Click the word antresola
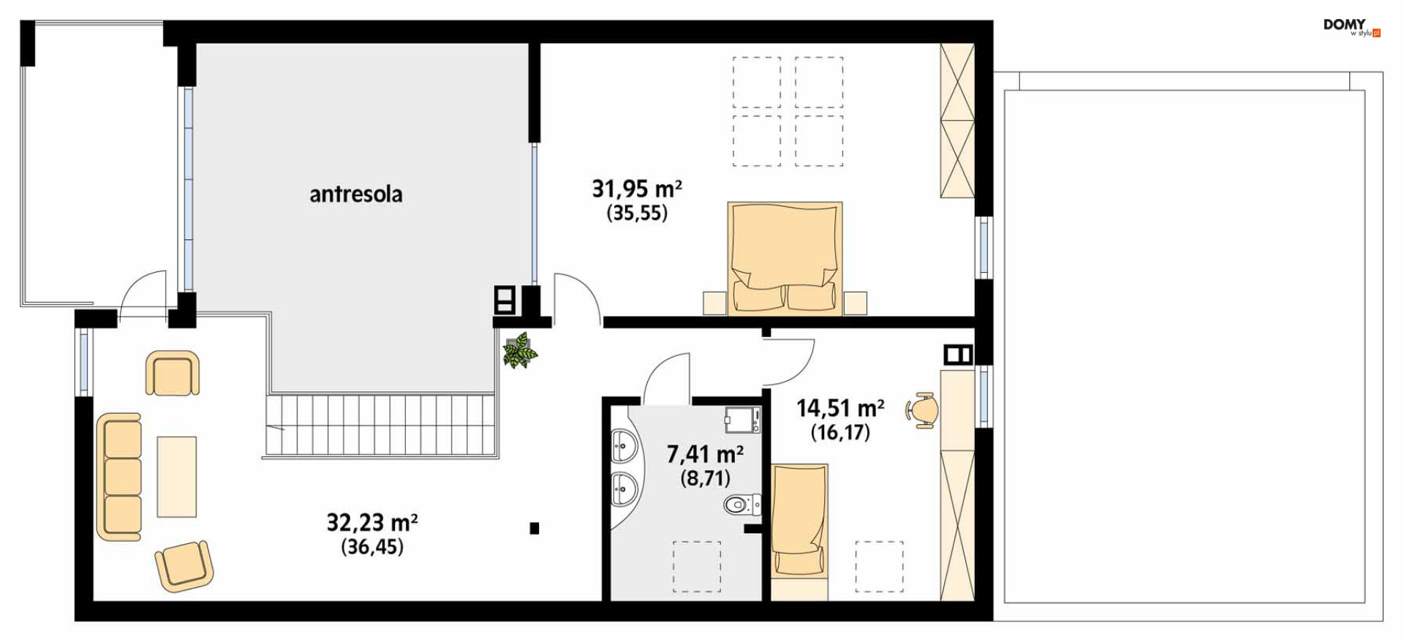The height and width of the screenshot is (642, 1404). (x=355, y=194)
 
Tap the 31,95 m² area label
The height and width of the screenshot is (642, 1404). (x=637, y=189)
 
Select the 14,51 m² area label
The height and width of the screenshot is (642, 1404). (x=840, y=407)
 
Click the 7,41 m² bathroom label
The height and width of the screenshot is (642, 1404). (x=705, y=454)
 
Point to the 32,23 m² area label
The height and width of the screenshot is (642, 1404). (x=372, y=522)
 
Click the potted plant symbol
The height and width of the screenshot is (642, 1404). (x=520, y=350)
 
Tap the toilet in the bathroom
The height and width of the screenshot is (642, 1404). (x=742, y=504)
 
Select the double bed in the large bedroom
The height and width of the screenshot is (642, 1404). (x=785, y=259)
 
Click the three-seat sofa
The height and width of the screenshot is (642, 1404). (x=119, y=477)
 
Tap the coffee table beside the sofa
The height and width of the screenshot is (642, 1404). (x=177, y=477)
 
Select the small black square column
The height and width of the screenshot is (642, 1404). (x=535, y=528)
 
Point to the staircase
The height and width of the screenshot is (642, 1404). (x=380, y=426)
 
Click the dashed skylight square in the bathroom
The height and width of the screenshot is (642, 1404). (x=697, y=566)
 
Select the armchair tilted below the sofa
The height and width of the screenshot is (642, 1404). (x=184, y=566)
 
